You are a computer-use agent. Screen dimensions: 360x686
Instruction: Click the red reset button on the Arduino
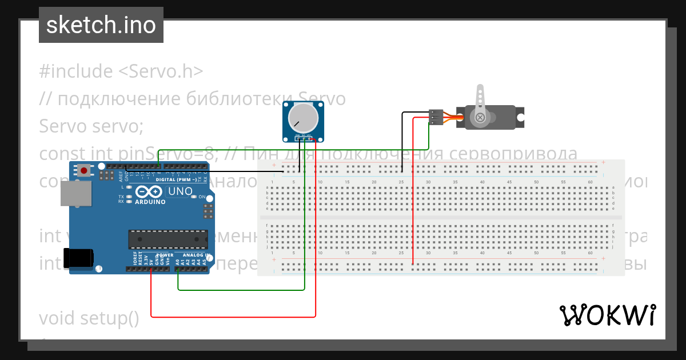click(x=85, y=170)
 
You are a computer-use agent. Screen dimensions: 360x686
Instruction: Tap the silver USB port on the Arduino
click(x=76, y=194)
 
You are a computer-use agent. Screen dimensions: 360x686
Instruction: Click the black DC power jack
click(x=78, y=258)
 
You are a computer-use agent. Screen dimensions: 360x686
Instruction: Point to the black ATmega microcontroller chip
click(x=168, y=239)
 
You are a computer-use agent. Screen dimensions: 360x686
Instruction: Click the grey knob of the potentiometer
click(x=302, y=118)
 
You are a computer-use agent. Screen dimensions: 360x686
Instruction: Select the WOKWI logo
click(x=607, y=315)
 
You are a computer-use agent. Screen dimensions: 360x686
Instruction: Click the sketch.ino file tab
click(x=101, y=25)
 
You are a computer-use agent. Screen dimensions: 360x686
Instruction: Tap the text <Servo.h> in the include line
click(x=161, y=71)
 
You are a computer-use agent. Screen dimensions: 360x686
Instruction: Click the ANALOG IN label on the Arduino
click(x=196, y=255)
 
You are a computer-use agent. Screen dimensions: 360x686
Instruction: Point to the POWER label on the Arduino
click(x=165, y=255)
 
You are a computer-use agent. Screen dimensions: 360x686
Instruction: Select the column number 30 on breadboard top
click(x=428, y=182)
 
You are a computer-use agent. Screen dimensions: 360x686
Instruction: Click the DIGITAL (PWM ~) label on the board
click(x=177, y=179)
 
